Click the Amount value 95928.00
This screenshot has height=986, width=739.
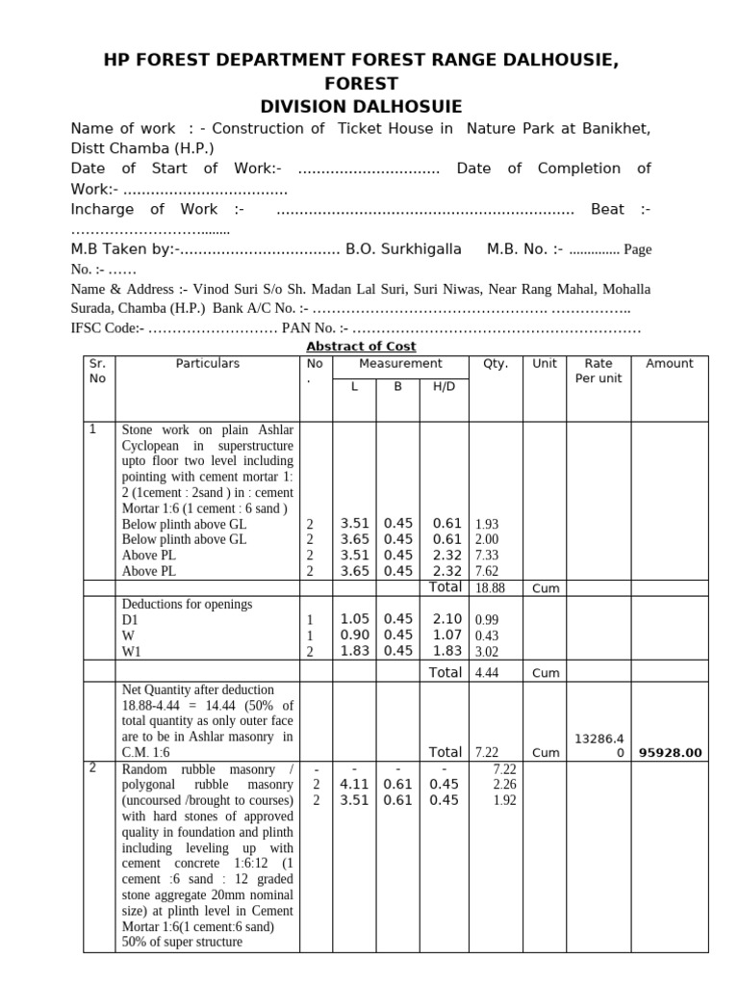pos(671,752)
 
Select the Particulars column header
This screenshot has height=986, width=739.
pos(207,363)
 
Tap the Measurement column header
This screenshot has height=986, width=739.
pos(400,363)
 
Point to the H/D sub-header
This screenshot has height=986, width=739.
pos(444,386)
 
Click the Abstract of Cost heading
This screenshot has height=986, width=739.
pos(361,347)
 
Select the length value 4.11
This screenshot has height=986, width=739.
pos(355,784)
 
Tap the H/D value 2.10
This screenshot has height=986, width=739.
pos(446,619)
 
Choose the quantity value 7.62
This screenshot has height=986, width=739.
pos(487,570)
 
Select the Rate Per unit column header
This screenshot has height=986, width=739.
pos(599,371)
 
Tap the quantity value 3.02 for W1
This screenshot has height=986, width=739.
pos(487,650)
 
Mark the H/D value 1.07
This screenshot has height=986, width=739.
pos(446,635)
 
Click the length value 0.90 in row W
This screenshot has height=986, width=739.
pos(355,635)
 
